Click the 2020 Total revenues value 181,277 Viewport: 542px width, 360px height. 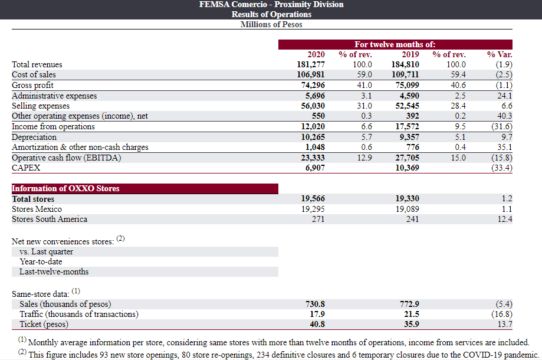pyautogui.click(x=311, y=64)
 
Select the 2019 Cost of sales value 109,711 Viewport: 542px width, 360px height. pyautogui.click(x=405, y=74)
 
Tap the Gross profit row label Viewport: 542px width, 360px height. pyautogui.click(x=32, y=85)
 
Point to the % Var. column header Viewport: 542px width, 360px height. pyautogui.click(x=500, y=54)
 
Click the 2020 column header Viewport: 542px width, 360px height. pyautogui.click(x=316, y=54)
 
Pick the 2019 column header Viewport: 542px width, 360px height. pyautogui.click(x=410, y=54)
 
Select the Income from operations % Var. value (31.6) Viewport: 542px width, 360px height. pyautogui.click(x=502, y=126)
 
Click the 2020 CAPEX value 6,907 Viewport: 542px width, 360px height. pyautogui.click(x=315, y=168)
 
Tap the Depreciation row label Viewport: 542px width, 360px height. pyautogui.click(x=34, y=137)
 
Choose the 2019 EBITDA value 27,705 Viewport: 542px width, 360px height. pyautogui.click(x=407, y=158)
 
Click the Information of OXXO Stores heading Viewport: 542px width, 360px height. pyautogui.click(x=65, y=188)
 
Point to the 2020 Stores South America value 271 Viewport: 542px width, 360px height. pyautogui.click(x=318, y=219)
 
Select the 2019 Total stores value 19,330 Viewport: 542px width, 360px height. pyautogui.click(x=407, y=198)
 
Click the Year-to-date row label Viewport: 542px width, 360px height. pyautogui.click(x=41, y=261)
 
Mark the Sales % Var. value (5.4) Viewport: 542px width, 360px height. pyautogui.click(x=504, y=304)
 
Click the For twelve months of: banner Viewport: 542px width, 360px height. pyautogui.click(x=395, y=45)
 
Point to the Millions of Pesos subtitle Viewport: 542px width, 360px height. pyautogui.click(x=271, y=25)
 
